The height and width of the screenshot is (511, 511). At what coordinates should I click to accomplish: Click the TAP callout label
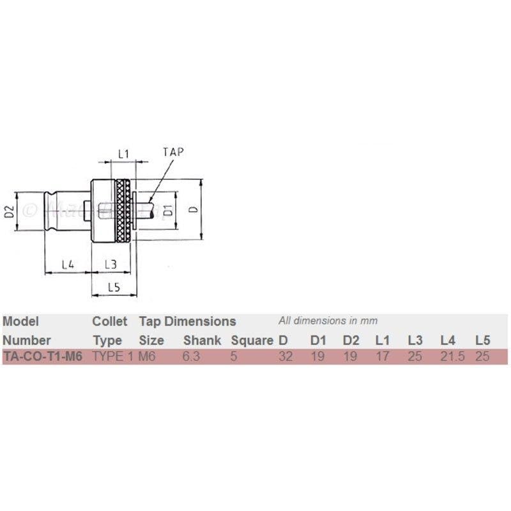point(173,152)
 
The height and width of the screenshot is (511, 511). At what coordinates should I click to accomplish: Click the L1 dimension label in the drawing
point(123,154)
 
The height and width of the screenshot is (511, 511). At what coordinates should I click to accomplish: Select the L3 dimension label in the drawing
point(111,264)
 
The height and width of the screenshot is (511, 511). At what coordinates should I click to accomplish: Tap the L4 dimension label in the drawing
point(68,264)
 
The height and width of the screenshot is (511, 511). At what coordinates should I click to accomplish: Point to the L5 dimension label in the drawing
point(114,287)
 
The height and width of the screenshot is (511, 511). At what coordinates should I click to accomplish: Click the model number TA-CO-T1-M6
point(43,356)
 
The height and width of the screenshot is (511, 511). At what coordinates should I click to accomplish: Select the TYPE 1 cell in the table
point(113,356)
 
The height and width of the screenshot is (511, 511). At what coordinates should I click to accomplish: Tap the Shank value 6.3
point(191,356)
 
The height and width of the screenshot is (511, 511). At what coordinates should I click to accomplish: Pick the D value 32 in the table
point(286,356)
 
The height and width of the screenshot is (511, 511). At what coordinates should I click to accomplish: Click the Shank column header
point(202,340)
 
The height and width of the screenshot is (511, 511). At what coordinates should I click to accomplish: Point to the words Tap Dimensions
point(187,321)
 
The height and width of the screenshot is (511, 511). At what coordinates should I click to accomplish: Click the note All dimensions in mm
point(328,321)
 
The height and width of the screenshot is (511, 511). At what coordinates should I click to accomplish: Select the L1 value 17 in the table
point(382,356)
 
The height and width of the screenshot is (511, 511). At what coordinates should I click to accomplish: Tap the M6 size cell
point(147,356)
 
